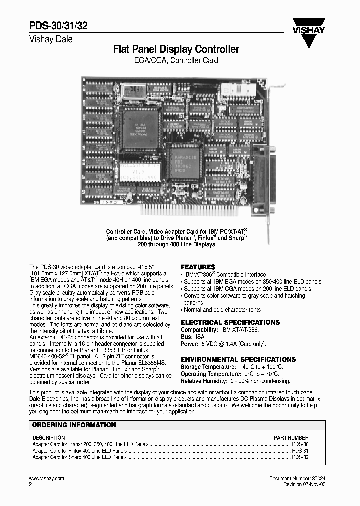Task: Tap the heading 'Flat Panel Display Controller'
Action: (176, 49)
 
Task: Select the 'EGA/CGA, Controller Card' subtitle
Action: (176, 61)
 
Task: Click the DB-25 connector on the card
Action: (262, 177)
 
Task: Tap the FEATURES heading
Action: (198, 267)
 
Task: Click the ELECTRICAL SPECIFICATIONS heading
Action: (230, 323)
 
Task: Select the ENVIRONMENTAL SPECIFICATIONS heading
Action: (238, 359)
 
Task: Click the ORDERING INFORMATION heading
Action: (74, 425)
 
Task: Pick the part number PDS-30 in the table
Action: (300, 444)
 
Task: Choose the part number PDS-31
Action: (300, 450)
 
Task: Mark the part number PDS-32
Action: (300, 457)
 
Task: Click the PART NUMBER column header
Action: (291, 437)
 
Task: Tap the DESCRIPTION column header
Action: (49, 437)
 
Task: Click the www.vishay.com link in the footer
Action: (47, 478)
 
